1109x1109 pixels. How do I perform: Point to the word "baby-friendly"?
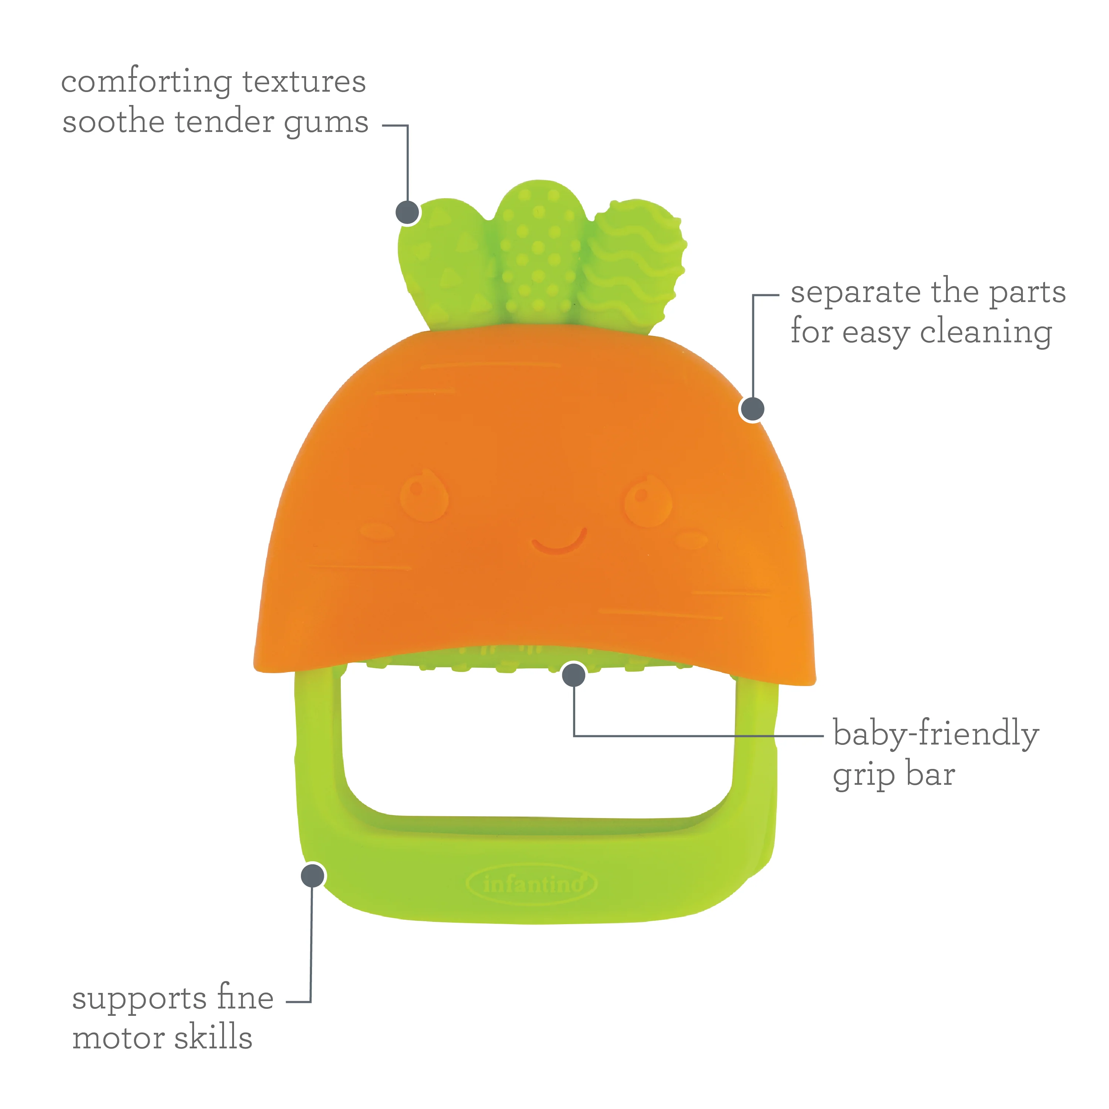pos(936,734)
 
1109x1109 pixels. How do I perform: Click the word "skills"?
pos(214,1036)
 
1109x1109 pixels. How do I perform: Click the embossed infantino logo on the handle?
pos(532,885)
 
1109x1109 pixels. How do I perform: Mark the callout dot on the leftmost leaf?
pos(407,213)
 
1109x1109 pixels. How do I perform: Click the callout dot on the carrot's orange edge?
pos(752,409)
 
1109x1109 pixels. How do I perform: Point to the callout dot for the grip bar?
pos(573,675)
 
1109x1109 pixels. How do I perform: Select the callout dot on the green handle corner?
pos(313,876)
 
